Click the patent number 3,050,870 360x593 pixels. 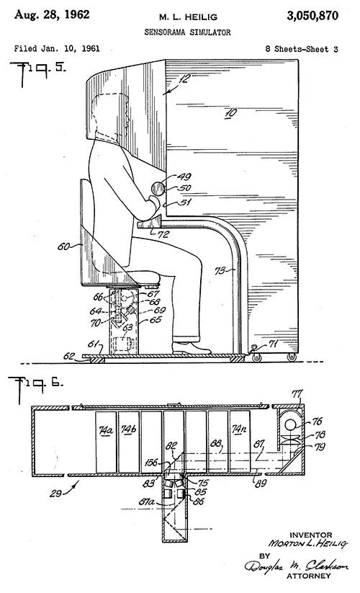pos(312,16)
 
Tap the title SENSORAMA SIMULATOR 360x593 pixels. pos(187,32)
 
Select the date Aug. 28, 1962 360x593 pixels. pos(52,14)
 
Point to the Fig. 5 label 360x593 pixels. pos(37,73)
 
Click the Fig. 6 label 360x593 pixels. pos(35,387)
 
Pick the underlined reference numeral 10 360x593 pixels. pos(230,113)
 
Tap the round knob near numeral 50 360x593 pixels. pos(158,188)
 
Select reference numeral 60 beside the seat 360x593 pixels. pos(63,246)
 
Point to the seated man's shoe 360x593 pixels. pos(191,348)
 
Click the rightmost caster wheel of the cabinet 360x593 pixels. pos(292,357)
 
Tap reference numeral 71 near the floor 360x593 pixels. pos(273,344)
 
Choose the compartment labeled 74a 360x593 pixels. pos(106,442)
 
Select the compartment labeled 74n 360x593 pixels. pos(240,442)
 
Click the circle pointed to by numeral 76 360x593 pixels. pos(290,424)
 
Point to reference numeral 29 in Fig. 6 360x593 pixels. pos(55,494)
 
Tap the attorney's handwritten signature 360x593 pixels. pos(297,566)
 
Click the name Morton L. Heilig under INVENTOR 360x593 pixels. pos(307,544)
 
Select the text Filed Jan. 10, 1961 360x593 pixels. pos(57,48)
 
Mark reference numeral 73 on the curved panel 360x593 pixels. pos(220,271)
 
